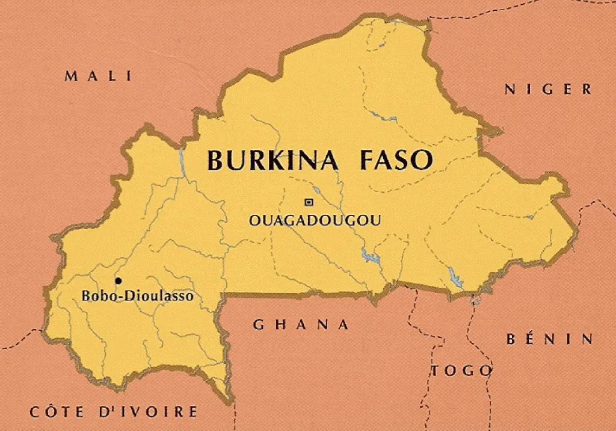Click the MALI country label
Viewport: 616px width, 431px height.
click(x=98, y=76)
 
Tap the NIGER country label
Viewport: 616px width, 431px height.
click(x=548, y=90)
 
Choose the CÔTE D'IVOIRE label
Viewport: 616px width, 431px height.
click(x=114, y=412)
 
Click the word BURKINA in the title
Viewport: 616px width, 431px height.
click(x=276, y=161)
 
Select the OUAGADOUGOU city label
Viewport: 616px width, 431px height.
click(x=315, y=220)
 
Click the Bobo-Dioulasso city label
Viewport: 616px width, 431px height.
click(x=137, y=296)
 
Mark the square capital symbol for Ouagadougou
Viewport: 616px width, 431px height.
click(x=309, y=202)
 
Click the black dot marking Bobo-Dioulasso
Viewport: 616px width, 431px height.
click(x=118, y=281)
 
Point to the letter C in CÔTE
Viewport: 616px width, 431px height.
click(x=35, y=412)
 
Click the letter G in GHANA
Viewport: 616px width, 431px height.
click(x=258, y=325)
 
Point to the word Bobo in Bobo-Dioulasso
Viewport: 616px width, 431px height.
click(x=94, y=296)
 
